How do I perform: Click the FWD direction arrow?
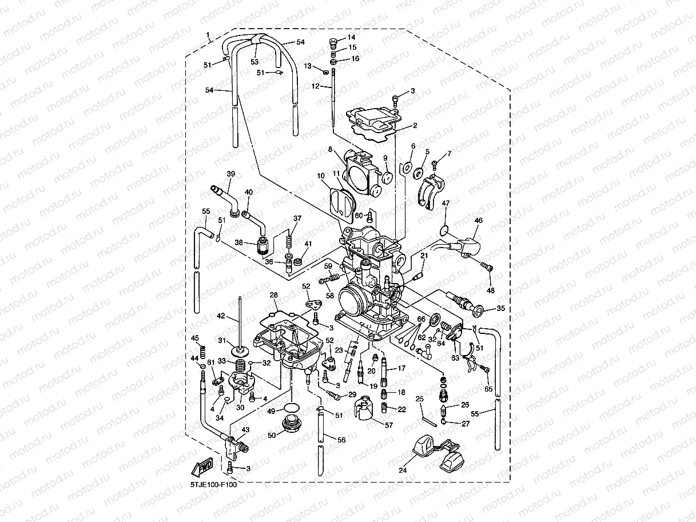coord(203,468)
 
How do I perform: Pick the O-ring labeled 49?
coord(291,409)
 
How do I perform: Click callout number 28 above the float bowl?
coord(274,296)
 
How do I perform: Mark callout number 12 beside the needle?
coord(315,86)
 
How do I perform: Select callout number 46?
coord(478,220)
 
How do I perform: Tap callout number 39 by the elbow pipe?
coord(230,174)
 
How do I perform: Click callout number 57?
coord(389,425)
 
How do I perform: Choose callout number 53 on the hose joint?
coord(254,61)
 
